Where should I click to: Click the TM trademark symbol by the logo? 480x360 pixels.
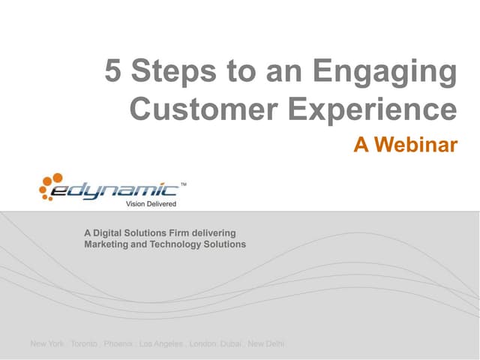pyautogui.click(x=184, y=183)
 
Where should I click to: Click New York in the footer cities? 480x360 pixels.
pyautogui.click(x=46, y=344)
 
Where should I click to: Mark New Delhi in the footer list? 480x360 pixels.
pyautogui.click(x=266, y=344)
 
